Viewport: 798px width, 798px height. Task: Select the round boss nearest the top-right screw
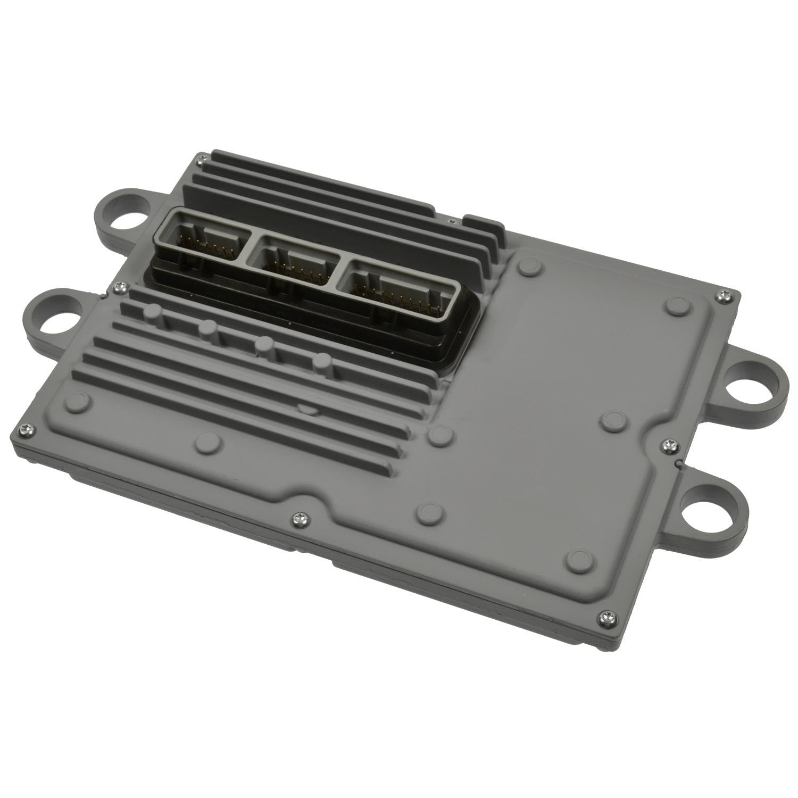pos(676,304)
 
